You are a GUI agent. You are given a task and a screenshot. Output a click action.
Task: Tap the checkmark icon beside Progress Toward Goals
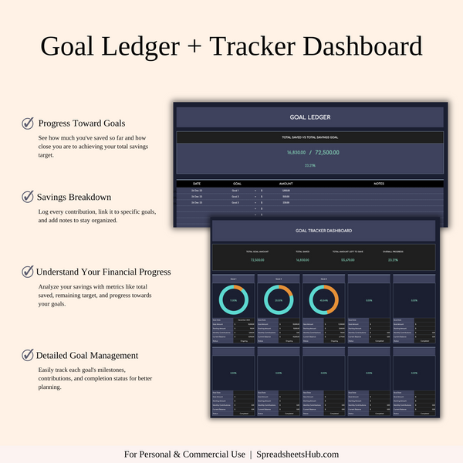[x=28, y=123]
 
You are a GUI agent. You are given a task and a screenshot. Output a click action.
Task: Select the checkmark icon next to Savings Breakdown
[x=28, y=197]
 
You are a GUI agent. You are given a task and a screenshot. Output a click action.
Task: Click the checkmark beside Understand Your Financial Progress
[x=28, y=272]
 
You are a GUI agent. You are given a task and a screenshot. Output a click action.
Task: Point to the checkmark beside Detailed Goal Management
[x=28, y=356]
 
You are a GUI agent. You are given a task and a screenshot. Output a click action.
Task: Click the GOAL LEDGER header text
[x=309, y=117]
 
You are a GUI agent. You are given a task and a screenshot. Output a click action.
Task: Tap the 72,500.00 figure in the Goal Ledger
[x=325, y=153]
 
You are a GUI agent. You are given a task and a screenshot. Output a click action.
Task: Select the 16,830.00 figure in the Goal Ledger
[x=296, y=153]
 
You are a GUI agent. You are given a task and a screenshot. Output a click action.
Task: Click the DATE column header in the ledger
[x=196, y=184]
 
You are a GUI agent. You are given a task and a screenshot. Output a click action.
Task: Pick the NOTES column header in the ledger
[x=378, y=184]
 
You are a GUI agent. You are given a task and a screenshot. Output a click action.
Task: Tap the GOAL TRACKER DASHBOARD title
[x=323, y=231]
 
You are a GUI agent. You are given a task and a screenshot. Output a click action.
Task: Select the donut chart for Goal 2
[x=278, y=301]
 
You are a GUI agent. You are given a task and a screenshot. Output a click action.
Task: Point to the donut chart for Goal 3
[x=323, y=301]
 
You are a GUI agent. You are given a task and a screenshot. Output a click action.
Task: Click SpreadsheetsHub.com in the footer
[x=298, y=454]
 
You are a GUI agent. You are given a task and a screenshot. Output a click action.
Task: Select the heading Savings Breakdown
[x=74, y=197]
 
